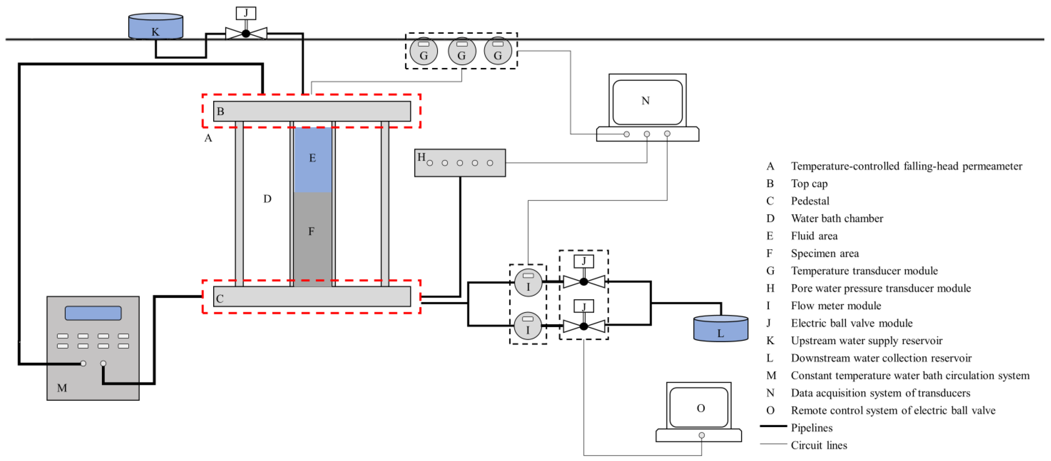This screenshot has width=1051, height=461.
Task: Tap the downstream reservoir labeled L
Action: [x=721, y=329]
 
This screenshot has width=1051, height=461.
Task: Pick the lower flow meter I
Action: [x=528, y=326]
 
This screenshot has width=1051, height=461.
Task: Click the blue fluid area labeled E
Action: [x=313, y=159]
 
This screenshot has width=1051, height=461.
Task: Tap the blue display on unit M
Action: [x=93, y=313]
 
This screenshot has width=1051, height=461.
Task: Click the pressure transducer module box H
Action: [x=460, y=163]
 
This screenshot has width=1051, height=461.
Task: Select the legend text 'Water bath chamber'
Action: [x=837, y=219]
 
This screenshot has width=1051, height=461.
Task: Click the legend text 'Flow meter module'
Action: [x=836, y=306]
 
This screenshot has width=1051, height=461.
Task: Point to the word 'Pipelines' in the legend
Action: [x=811, y=428]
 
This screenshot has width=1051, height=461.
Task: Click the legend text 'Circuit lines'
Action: [x=819, y=446]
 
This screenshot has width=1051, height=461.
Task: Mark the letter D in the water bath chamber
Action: [x=267, y=199]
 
